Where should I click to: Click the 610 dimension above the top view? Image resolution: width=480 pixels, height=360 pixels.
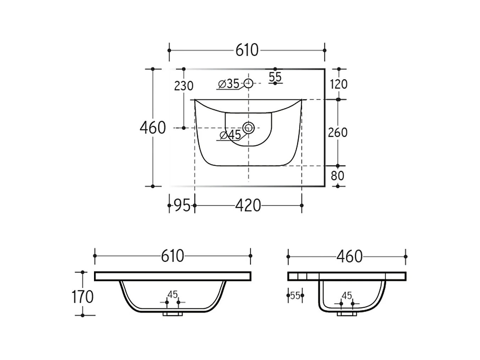(247, 50)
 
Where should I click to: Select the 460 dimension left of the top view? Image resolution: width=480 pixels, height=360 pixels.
(153, 128)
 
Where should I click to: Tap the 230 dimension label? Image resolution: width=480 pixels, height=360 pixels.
(184, 86)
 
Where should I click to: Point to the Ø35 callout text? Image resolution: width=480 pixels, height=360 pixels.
(229, 83)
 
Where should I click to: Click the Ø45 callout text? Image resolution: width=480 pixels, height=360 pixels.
(230, 135)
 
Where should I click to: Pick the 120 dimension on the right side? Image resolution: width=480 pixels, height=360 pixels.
(338, 84)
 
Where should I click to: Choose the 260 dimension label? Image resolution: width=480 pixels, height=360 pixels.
(338, 132)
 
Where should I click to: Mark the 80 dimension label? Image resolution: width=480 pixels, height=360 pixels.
(337, 175)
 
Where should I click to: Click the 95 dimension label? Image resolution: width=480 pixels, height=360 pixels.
(182, 206)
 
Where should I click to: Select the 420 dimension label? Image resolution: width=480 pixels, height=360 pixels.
(248, 206)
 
